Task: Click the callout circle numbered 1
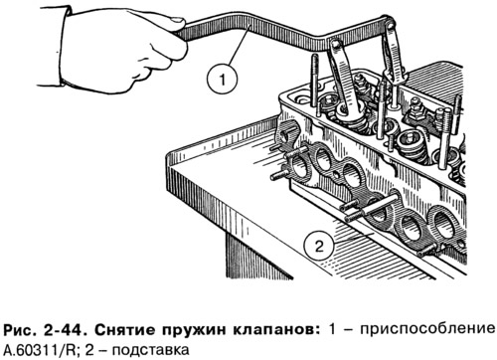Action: click(x=222, y=80)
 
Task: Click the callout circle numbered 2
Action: click(x=319, y=247)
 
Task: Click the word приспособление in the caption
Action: click(x=427, y=331)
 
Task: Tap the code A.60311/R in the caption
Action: click(x=42, y=350)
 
